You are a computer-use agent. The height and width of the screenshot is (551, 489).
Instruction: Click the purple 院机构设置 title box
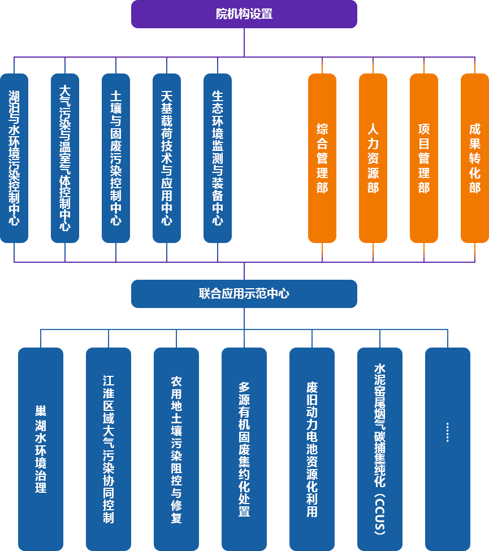click(x=244, y=14)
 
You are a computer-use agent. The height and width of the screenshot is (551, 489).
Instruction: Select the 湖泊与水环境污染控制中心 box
click(x=14, y=158)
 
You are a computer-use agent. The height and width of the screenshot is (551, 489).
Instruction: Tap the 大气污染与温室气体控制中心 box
click(x=65, y=158)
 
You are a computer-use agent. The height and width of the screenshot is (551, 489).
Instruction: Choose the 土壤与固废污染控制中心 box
click(x=116, y=158)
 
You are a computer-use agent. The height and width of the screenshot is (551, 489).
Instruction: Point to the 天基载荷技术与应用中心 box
click(x=167, y=158)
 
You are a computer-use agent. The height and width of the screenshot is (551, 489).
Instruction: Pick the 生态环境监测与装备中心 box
click(x=218, y=158)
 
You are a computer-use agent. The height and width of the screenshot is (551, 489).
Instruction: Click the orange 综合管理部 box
click(x=322, y=158)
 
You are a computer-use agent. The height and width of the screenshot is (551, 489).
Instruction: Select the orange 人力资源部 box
click(x=373, y=158)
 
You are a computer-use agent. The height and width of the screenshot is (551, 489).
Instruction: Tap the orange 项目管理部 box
click(x=424, y=158)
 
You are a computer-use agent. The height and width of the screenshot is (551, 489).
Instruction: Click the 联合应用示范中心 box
click(x=244, y=294)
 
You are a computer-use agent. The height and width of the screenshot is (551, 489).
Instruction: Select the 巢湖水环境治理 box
click(x=41, y=449)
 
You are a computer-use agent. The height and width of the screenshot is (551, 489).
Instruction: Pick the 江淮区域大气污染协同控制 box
click(x=109, y=449)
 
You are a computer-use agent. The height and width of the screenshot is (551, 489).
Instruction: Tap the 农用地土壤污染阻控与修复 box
click(x=176, y=449)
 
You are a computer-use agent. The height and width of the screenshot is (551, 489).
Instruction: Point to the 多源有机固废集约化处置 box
click(x=244, y=449)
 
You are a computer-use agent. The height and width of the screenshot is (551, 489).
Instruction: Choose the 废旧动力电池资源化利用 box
click(x=312, y=449)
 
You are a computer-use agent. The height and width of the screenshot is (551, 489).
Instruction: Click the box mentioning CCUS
click(x=380, y=449)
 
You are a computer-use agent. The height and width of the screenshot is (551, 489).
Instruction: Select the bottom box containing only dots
click(x=448, y=449)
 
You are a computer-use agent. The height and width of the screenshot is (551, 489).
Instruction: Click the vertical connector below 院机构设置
click(x=244, y=42)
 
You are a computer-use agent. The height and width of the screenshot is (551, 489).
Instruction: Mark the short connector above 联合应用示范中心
click(x=244, y=271)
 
